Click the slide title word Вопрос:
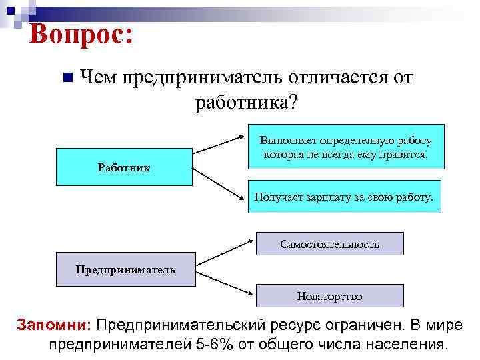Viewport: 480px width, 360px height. pyautogui.click(x=81, y=34)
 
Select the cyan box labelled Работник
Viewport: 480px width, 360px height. pyautogui.click(x=124, y=167)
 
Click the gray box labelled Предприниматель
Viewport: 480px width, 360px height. pyautogui.click(x=126, y=269)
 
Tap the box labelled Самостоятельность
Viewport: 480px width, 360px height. pyautogui.click(x=330, y=244)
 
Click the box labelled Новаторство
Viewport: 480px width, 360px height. pyautogui.click(x=330, y=295)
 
